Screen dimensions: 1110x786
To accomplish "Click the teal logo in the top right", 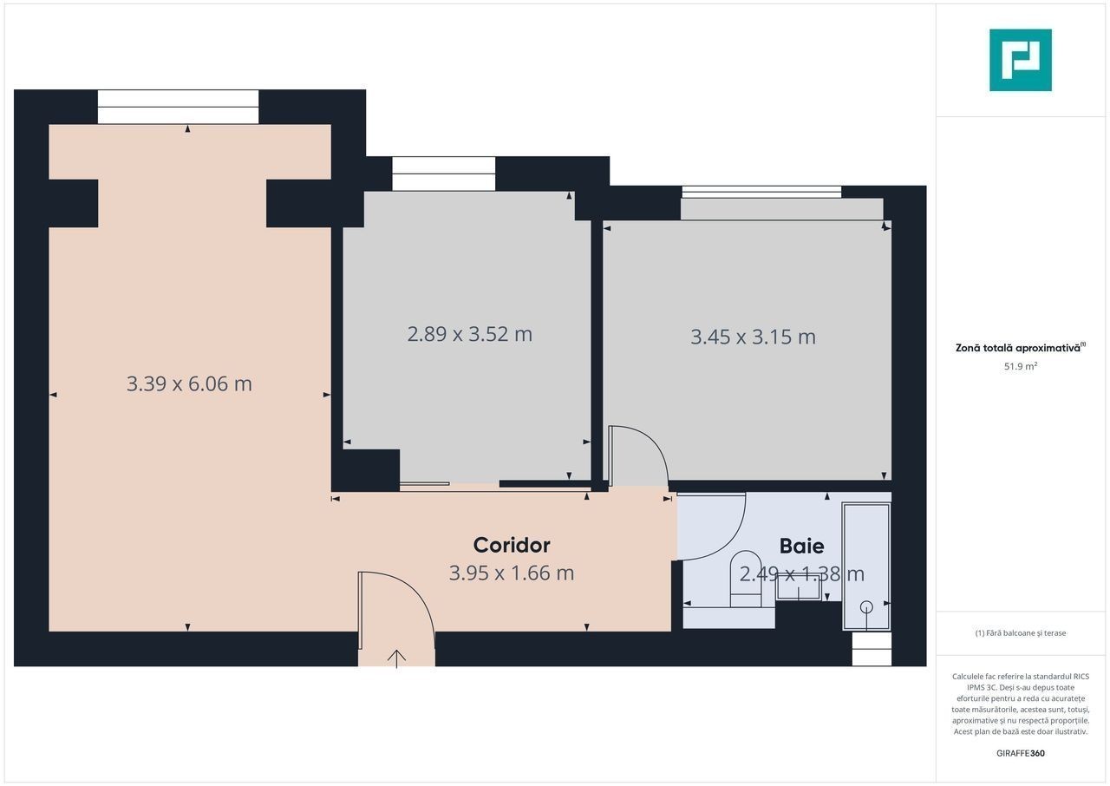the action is point(1021,60).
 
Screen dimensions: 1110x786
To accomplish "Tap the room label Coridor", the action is point(512,545).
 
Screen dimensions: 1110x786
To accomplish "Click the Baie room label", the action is point(801,546).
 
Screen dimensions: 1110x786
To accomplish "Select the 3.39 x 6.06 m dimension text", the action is point(189,383).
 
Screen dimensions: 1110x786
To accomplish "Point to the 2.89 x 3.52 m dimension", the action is point(469,334).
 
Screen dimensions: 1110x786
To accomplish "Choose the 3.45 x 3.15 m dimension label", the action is point(753,337).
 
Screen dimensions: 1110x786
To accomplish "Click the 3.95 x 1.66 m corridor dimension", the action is point(512,573).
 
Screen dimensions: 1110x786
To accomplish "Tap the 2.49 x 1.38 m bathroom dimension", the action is point(801,574).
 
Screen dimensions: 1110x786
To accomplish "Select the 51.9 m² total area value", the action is point(1021,366).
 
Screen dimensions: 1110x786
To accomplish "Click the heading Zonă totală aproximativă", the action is point(1018,348).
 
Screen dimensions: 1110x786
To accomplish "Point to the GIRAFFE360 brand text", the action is point(1021,753).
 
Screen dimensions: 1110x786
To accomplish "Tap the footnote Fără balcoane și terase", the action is point(1021,632).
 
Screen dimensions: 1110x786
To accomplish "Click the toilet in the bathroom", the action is point(746,579).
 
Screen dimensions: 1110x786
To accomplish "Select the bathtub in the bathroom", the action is point(866,567).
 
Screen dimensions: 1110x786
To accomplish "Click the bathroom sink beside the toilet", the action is point(800,586).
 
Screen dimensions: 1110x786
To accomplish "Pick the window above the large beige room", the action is point(178,107).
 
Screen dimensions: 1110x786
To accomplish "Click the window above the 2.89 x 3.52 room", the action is point(443,174).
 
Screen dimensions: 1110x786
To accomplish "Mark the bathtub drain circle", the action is point(866,606).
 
